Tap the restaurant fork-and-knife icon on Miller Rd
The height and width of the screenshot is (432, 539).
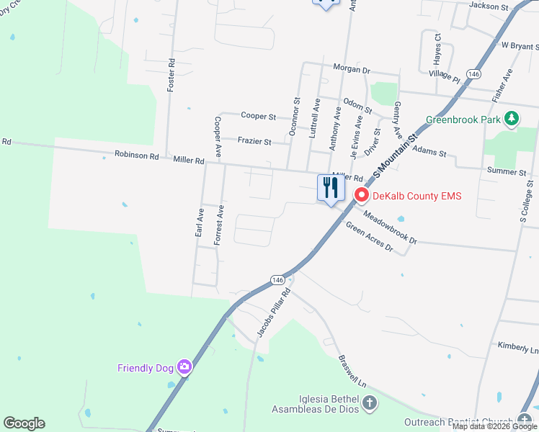(331, 188)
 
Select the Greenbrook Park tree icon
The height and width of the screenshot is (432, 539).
(512, 119)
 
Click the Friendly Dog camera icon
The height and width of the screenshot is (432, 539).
(184, 367)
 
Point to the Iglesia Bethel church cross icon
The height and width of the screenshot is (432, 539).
(370, 403)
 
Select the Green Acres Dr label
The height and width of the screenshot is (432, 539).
(369, 238)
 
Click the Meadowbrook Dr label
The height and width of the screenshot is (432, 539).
(390, 226)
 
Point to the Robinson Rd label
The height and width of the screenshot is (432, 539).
(136, 155)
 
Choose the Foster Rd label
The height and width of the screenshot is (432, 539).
(171, 75)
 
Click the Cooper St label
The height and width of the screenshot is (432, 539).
(259, 116)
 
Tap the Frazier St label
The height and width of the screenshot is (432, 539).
(254, 142)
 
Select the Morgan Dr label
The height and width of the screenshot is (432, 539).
(351, 71)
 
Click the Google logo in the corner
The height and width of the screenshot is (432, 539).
(24, 423)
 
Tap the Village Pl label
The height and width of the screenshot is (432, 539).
(444, 76)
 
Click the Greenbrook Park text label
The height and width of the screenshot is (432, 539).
(463, 120)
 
